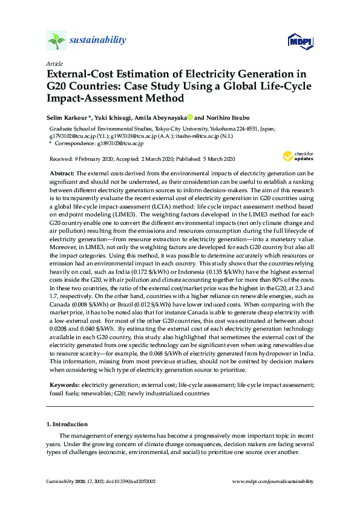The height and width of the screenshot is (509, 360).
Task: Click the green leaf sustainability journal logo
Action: [x=56, y=41]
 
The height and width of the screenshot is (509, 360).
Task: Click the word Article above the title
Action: [x=54, y=63]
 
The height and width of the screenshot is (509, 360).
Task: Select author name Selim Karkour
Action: [x=68, y=117]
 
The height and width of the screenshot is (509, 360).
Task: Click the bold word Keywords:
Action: [x=65, y=384]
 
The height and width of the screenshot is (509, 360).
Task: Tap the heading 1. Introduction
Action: [x=67, y=424]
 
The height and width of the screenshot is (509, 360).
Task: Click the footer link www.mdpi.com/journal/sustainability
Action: [x=272, y=481]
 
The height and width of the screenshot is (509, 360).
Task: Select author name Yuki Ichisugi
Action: [x=111, y=117]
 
